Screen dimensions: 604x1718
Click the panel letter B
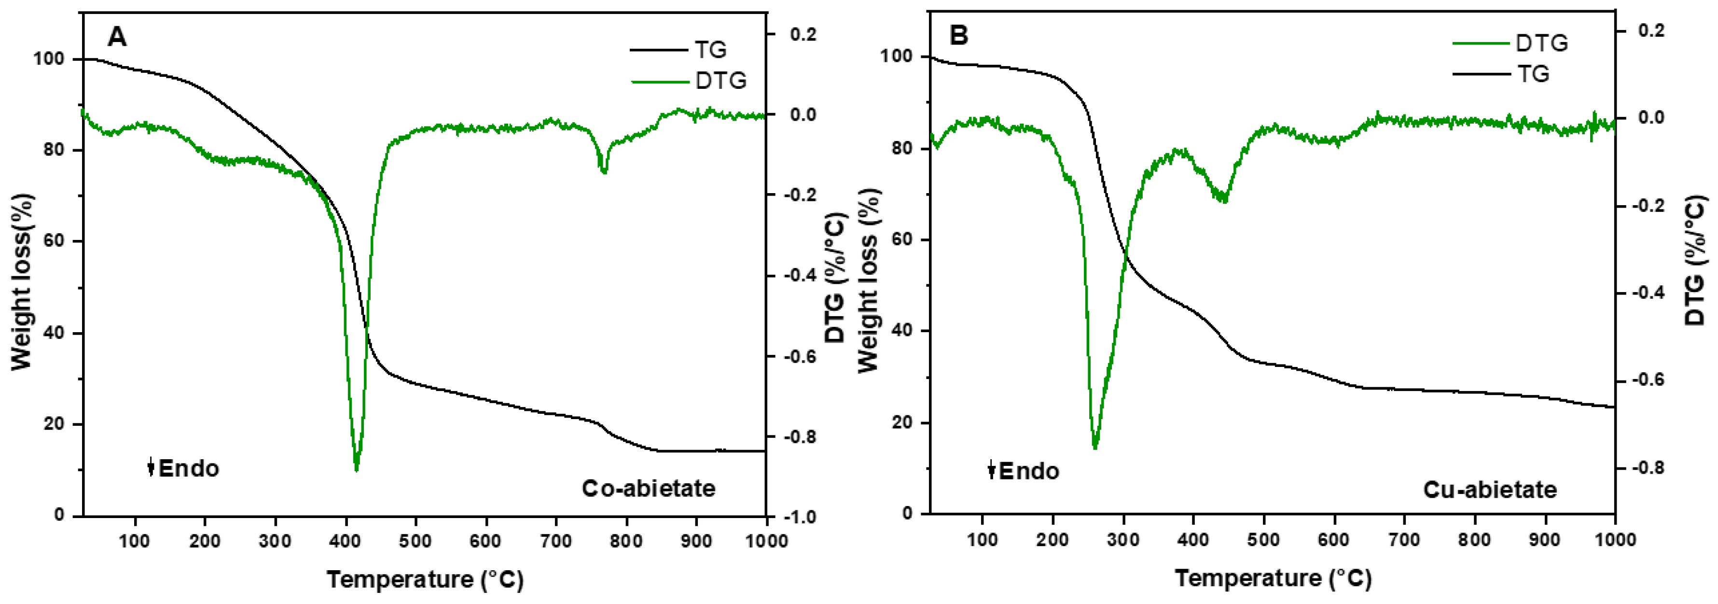(x=958, y=35)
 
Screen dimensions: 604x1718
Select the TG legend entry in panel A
(x=709, y=49)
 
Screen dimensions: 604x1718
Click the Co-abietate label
(x=648, y=489)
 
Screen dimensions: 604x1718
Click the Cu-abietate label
(x=1490, y=490)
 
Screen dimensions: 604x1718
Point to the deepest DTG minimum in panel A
(x=356, y=469)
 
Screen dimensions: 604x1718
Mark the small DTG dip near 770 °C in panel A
(x=604, y=171)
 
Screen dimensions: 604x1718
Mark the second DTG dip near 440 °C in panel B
(x=1224, y=199)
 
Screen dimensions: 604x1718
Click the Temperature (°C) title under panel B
(x=1273, y=578)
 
